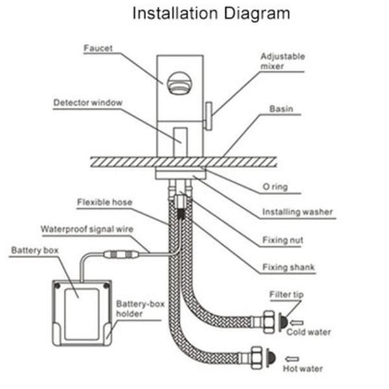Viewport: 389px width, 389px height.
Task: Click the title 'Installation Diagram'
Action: pyautogui.click(x=211, y=14)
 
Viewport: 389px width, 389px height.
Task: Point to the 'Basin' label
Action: pyautogui.click(x=281, y=110)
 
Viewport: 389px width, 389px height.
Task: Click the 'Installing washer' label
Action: pyautogui.click(x=297, y=212)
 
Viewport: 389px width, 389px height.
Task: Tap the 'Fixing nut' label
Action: pyautogui.click(x=282, y=240)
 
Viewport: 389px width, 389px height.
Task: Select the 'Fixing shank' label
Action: pyautogui.click(x=285, y=267)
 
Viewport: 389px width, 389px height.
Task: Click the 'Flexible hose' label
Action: pyautogui.click(x=104, y=202)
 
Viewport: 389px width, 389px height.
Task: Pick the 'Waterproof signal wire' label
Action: pyautogui.click(x=84, y=229)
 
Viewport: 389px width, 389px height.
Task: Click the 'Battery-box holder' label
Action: pyautogui.click(x=138, y=309)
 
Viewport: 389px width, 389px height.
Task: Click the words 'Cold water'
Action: pyautogui.click(x=309, y=332)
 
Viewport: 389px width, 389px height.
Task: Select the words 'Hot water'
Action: pyautogui.click(x=302, y=369)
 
